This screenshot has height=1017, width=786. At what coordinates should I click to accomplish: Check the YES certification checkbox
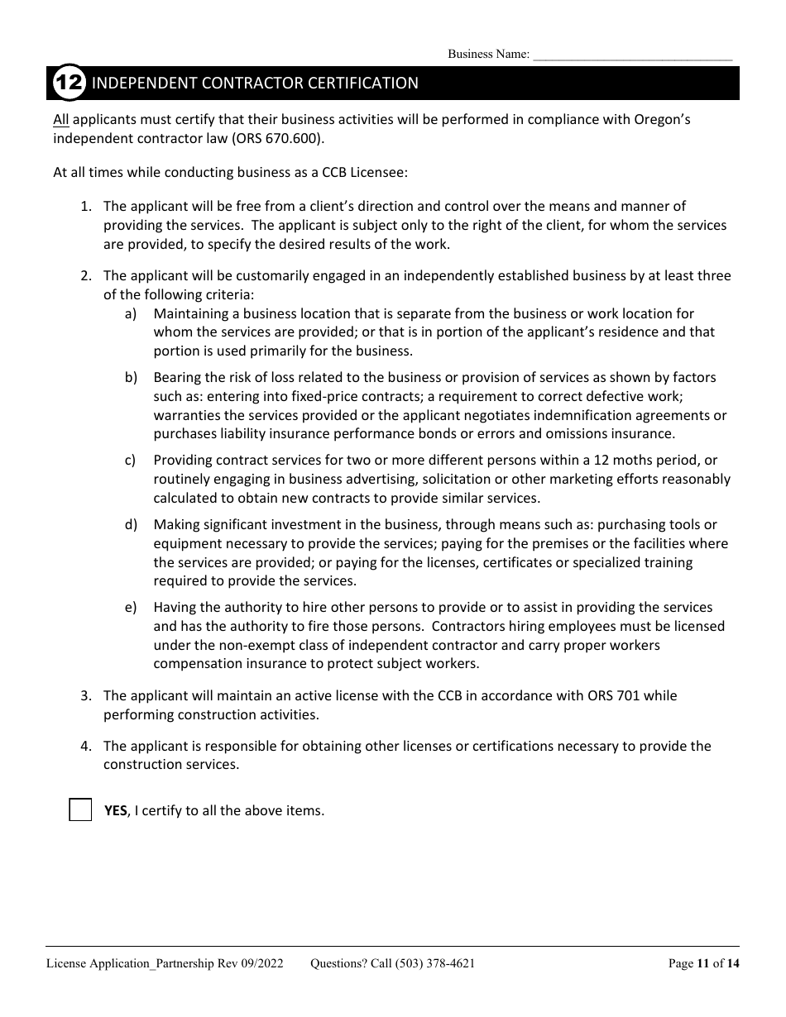pos(80,810)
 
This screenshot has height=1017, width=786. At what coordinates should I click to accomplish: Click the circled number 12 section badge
pos(69,84)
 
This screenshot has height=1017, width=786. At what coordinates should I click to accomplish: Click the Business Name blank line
pos(632,56)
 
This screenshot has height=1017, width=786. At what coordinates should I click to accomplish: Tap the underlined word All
pos(61,119)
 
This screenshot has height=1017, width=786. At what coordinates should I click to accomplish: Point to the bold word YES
pos(115,811)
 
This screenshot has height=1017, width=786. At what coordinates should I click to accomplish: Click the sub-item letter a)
pos(131,313)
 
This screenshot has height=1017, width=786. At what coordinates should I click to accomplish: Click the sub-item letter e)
pos(131,608)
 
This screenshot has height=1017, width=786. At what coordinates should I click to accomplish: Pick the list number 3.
pos(85,696)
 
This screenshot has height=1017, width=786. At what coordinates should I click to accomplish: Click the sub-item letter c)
pos(131,460)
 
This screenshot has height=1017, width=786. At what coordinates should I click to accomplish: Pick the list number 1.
pos(85,206)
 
